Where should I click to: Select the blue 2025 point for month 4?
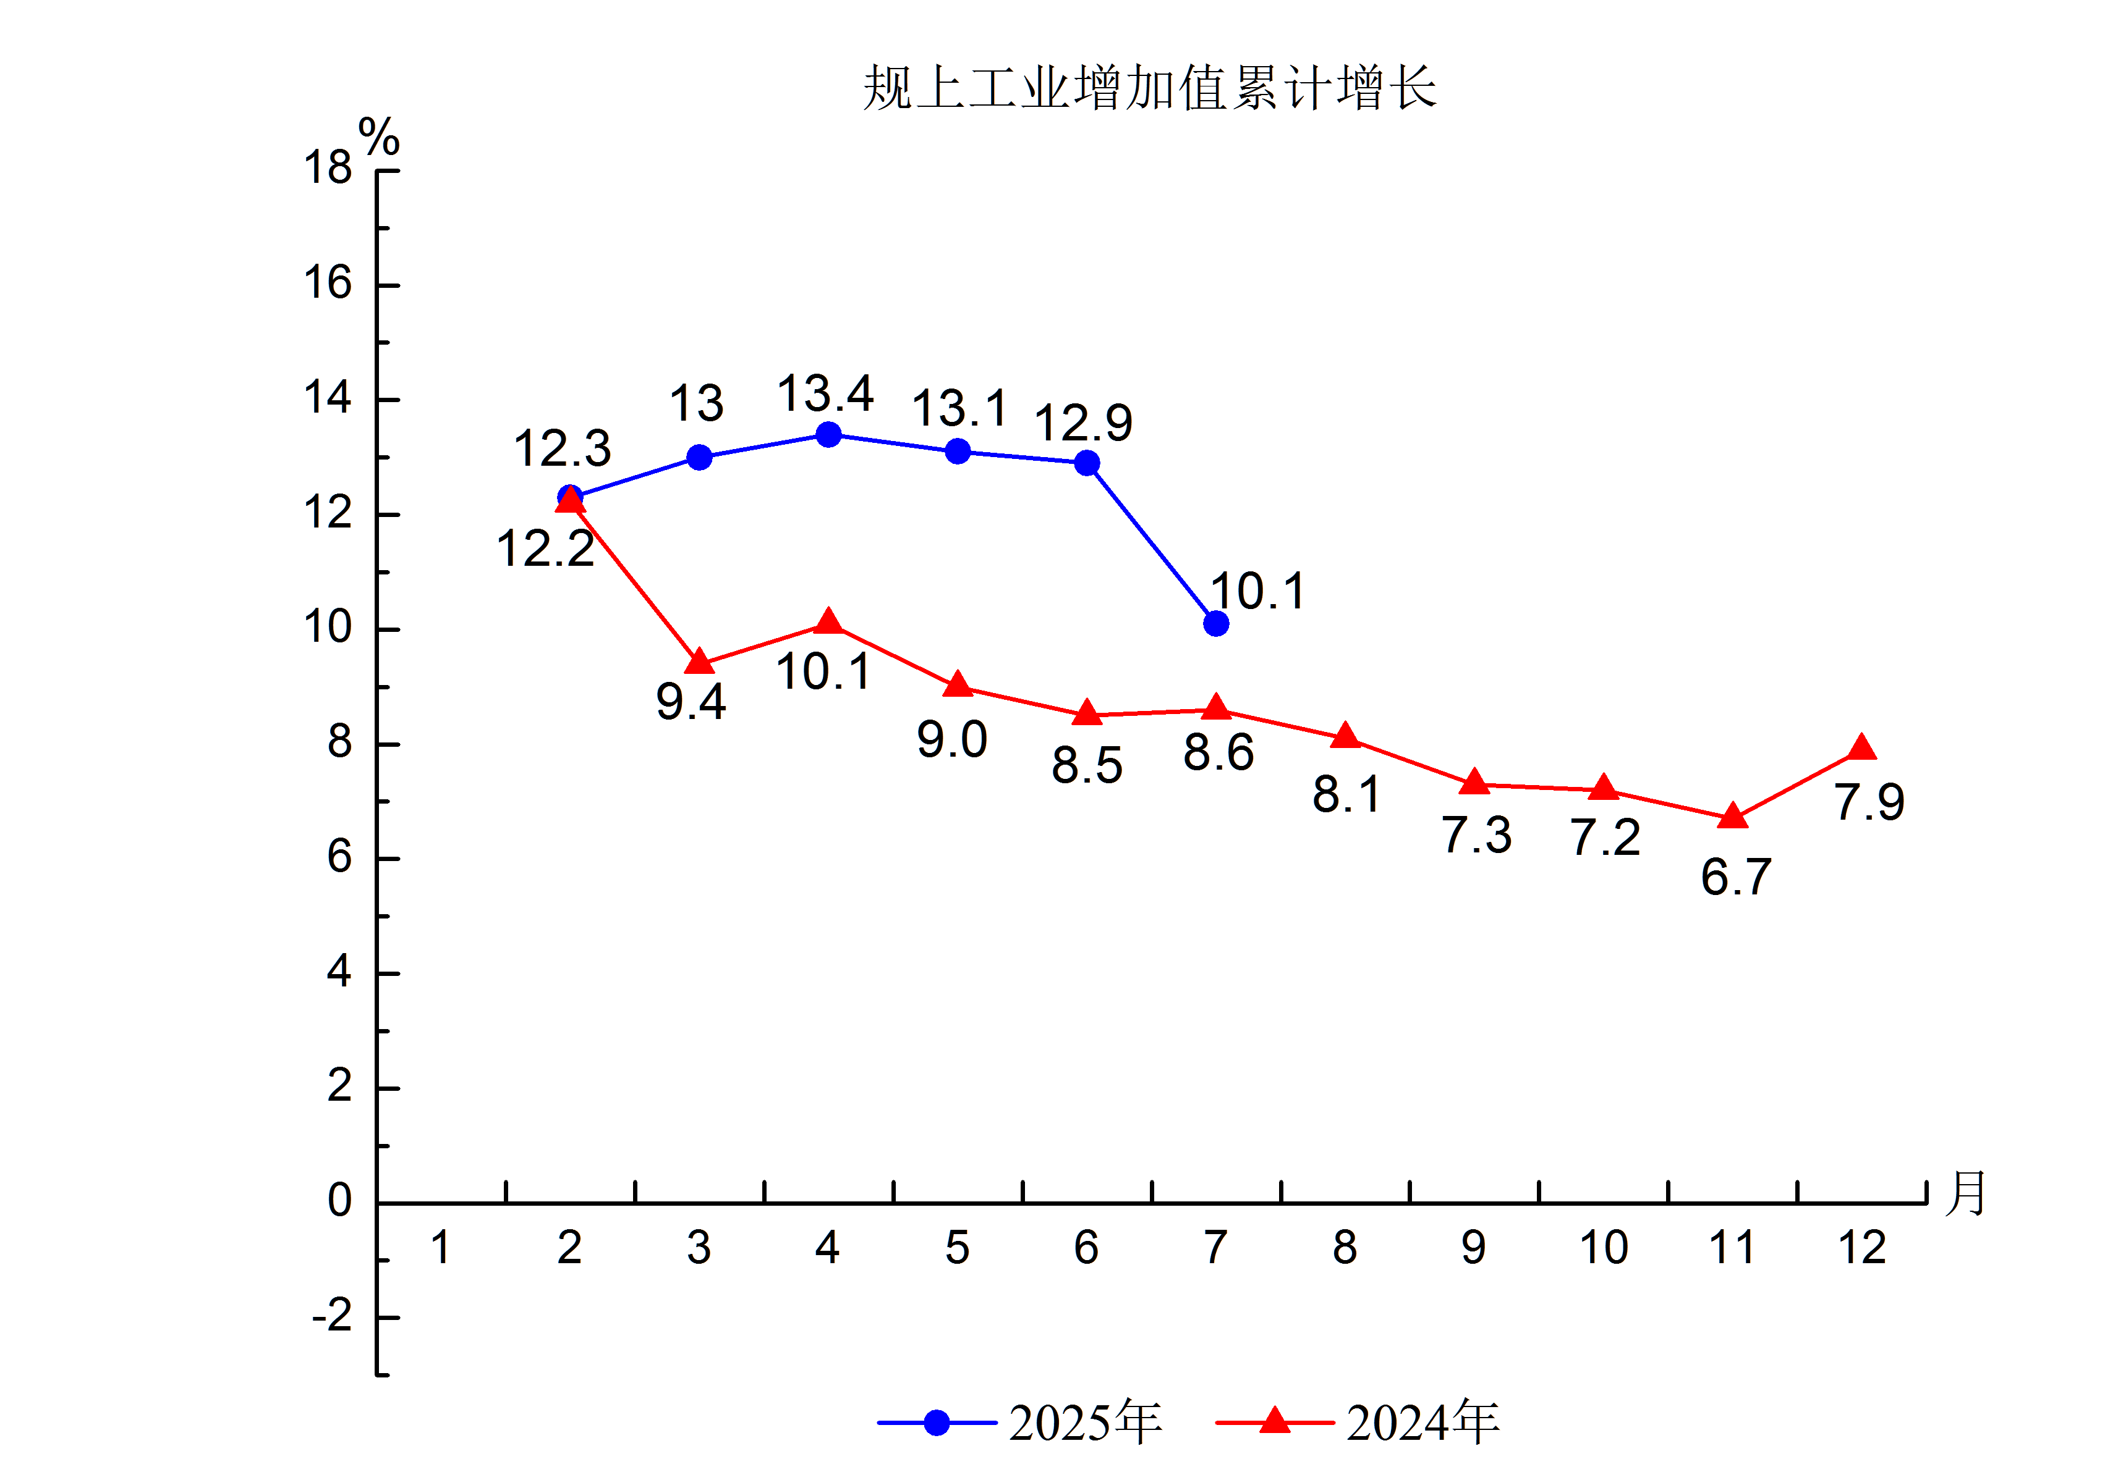click(828, 434)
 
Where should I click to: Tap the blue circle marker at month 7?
click(1215, 624)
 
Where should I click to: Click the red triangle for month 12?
click(1861, 747)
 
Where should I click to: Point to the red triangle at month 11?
click(1732, 815)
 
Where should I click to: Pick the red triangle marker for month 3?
click(700, 661)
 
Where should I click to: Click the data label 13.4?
click(825, 394)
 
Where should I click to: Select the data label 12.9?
click(1084, 422)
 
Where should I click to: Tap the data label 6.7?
click(1735, 877)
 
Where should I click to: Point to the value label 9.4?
click(691, 702)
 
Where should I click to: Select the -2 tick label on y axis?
click(332, 1317)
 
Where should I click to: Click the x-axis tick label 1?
click(441, 1247)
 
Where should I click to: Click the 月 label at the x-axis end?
click(1965, 1192)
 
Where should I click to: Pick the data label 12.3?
click(562, 448)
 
